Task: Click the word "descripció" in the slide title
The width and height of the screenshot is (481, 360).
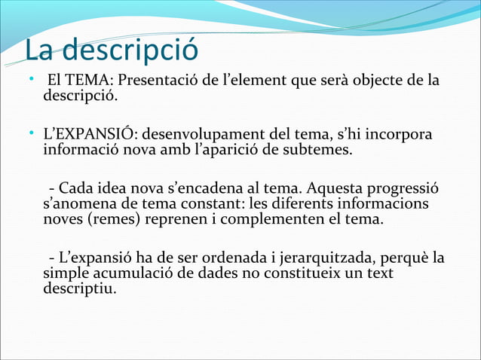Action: coord(133,50)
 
